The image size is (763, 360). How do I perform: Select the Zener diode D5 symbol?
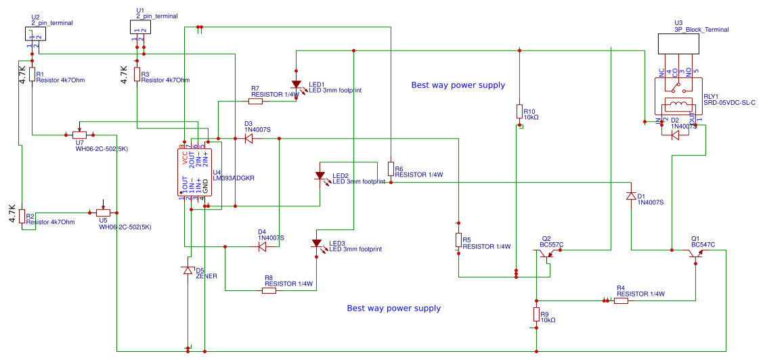(188, 270)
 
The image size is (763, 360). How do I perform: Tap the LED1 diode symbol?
(296, 85)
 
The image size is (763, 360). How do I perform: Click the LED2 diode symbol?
(320, 176)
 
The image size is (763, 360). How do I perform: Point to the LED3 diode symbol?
(316, 244)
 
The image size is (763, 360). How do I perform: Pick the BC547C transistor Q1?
(695, 253)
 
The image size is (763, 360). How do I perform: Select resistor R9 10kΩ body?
(536, 315)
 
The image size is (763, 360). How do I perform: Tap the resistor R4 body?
(621, 300)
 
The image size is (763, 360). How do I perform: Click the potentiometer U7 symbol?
(81, 134)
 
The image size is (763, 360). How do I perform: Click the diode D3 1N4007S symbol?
(248, 138)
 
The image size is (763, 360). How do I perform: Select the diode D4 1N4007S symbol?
(262, 247)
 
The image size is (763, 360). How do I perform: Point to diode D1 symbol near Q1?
(631, 196)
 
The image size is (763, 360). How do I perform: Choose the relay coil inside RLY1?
(678, 105)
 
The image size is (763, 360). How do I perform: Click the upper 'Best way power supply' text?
(458, 85)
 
